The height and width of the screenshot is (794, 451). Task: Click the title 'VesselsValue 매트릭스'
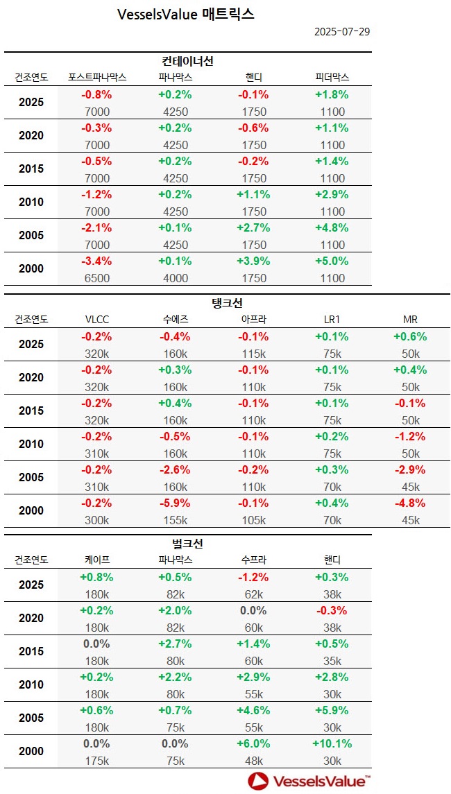[186, 14]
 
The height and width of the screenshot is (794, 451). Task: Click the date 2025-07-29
[341, 32]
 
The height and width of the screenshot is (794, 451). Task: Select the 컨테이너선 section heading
[187, 61]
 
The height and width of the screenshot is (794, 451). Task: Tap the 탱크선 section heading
[226, 303]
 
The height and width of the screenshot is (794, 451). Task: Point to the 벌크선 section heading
[187, 544]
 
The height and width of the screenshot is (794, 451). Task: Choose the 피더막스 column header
[332, 77]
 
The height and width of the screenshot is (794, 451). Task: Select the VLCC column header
[96, 320]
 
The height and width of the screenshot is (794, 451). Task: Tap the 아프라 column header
[254, 320]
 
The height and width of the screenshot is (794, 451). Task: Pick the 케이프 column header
[96, 560]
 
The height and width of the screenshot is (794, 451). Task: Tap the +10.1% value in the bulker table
[332, 744]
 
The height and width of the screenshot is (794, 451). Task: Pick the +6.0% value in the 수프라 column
[254, 744]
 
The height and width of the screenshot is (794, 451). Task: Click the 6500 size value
[96, 278]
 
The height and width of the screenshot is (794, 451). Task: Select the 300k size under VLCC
[96, 520]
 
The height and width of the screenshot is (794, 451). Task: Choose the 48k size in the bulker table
[254, 761]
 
